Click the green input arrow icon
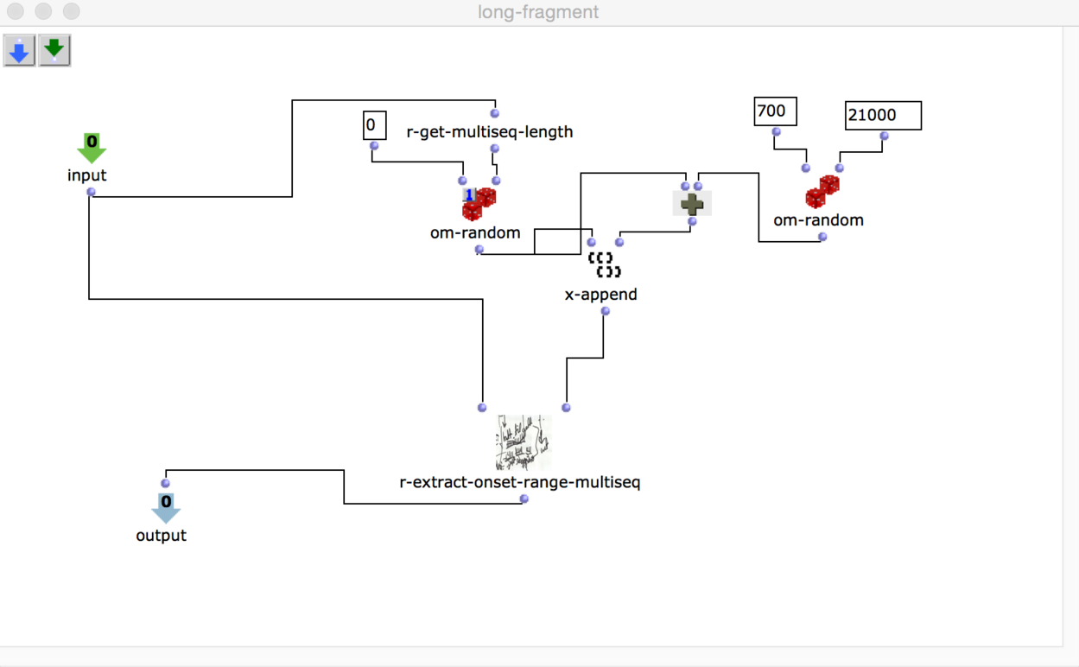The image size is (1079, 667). click(92, 148)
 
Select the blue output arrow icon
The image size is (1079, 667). click(166, 507)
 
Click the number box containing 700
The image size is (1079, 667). click(775, 111)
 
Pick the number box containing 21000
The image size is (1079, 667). click(883, 116)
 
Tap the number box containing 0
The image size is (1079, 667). click(374, 125)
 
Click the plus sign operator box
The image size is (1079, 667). click(692, 204)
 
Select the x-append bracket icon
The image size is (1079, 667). click(604, 265)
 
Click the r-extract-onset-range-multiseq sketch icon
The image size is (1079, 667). click(524, 442)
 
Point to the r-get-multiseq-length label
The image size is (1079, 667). click(490, 132)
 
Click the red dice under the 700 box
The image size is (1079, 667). click(822, 193)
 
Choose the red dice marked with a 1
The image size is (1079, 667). click(479, 204)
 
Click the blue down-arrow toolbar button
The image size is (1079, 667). click(19, 51)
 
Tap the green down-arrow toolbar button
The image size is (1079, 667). click(54, 51)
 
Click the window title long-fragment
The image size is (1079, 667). click(538, 12)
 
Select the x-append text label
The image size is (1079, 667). click(601, 295)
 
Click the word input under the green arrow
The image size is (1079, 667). click(87, 175)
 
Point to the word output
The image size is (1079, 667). click(162, 536)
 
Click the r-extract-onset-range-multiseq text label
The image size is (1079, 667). click(520, 482)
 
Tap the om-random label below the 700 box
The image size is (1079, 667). click(818, 220)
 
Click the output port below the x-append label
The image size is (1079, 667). click(606, 311)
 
